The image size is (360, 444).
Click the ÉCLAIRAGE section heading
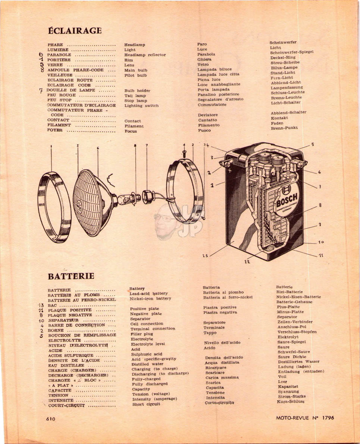tap(75, 31)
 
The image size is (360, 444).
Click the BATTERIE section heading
tap(71, 276)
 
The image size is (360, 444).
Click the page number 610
tap(51, 419)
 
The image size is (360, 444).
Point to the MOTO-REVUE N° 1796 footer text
tap(305, 418)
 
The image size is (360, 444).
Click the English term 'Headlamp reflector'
tap(145, 55)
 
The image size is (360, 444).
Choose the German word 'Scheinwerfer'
tap(283, 42)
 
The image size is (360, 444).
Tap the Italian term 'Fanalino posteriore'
tap(218, 94)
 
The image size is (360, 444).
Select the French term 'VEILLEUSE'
tap(60, 75)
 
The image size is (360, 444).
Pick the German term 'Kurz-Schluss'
tap(291, 401)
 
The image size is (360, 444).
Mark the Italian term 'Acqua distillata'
tap(222, 362)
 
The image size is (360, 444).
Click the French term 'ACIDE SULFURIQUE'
tap(71, 356)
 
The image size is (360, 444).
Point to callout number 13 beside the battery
tap(205, 255)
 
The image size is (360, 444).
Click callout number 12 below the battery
tap(247, 262)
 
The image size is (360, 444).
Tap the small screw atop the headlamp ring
tap(184, 154)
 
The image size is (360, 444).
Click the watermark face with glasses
tap(165, 221)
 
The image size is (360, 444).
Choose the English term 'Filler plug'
tap(141, 334)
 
